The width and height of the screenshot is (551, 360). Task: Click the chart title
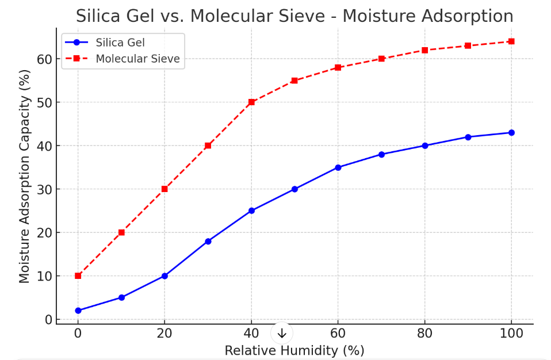[294, 16]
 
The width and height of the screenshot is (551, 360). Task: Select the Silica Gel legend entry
[120, 43]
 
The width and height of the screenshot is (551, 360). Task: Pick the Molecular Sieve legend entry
[137, 59]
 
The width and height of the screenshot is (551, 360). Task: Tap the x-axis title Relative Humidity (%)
[294, 350]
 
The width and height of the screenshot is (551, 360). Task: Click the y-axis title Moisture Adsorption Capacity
[24, 176]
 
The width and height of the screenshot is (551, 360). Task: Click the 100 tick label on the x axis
[511, 334]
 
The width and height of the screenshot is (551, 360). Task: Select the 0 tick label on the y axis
[48, 320]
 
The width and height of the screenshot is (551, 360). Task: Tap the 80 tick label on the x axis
[424, 334]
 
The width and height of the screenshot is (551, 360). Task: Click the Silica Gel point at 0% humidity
[78, 311]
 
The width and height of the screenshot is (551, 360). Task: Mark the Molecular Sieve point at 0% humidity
[78, 276]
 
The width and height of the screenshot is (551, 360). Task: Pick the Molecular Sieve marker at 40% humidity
[251, 102]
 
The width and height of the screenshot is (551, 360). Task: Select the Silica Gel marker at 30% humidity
[208, 242]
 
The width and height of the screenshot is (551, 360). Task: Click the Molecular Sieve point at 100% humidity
[511, 41]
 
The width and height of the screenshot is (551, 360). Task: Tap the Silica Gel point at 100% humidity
[511, 133]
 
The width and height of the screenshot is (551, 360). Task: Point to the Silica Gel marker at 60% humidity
[338, 167]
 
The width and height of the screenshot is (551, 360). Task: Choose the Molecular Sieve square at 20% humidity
[164, 189]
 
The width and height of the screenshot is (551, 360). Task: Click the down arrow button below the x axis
[282, 334]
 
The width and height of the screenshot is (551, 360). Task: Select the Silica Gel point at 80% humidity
[424, 145]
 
